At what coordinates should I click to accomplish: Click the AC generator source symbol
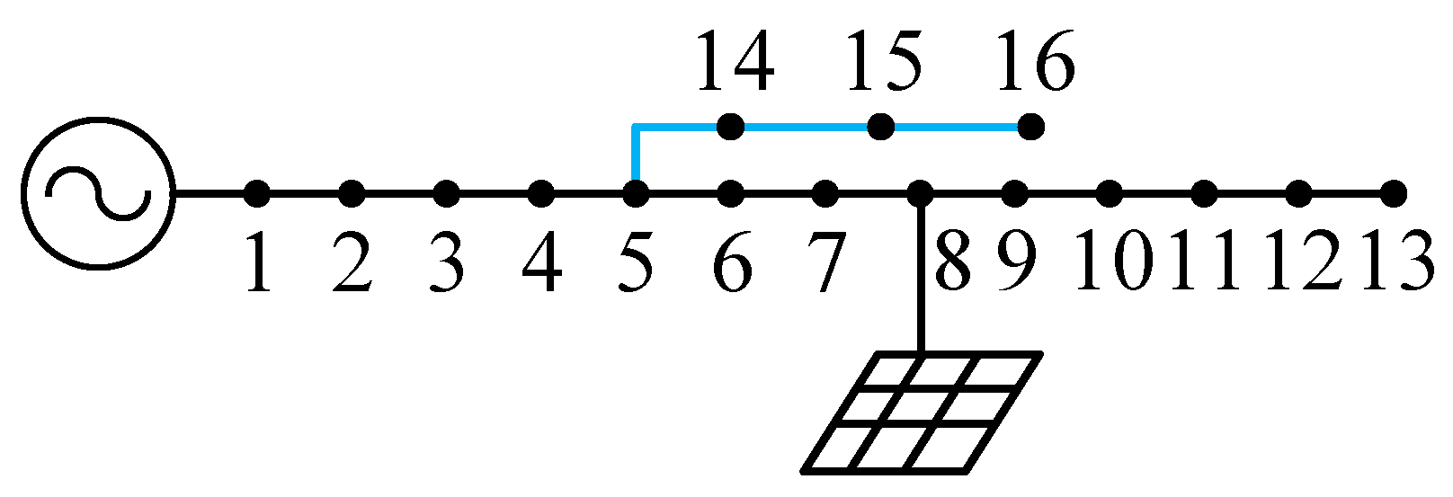click(99, 193)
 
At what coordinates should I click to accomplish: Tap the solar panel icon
click(922, 412)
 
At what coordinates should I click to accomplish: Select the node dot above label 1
click(257, 193)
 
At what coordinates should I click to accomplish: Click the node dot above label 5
click(636, 193)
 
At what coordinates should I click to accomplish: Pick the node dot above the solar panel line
click(920, 193)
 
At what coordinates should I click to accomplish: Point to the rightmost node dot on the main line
click(1393, 193)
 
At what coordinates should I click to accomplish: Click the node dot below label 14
click(731, 127)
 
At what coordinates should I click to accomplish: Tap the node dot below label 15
click(881, 127)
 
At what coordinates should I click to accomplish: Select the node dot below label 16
click(1031, 127)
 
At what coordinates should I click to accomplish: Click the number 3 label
click(447, 262)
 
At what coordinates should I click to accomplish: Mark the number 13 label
click(1396, 262)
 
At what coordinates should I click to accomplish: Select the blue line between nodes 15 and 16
click(956, 127)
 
